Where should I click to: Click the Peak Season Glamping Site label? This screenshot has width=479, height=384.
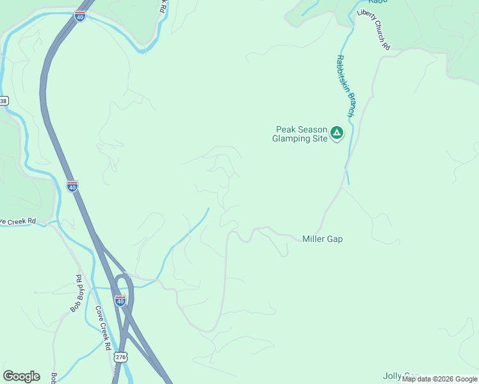tap(300, 134)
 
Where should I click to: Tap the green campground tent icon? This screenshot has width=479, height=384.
tap(337, 133)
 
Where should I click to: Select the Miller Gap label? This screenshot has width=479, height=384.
tap(322, 239)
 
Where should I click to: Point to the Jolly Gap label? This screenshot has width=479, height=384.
tap(401, 376)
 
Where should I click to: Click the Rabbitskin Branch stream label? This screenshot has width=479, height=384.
tap(345, 85)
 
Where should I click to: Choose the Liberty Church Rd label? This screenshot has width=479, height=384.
tap(373, 29)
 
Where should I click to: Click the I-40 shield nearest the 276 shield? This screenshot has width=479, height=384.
tap(120, 300)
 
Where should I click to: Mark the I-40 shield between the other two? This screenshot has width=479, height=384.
tap(72, 186)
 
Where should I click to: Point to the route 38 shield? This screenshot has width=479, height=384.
tap(3, 101)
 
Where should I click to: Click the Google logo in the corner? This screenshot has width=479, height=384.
tap(21, 376)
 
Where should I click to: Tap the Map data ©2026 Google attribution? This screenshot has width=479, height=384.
tap(440, 380)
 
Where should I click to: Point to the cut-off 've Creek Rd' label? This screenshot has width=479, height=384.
tap(18, 221)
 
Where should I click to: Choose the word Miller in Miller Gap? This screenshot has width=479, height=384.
tap(314, 239)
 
